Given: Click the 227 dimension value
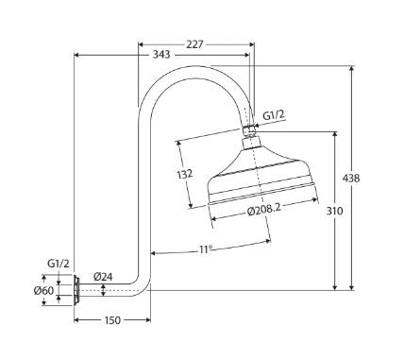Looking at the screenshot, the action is tap(194, 44).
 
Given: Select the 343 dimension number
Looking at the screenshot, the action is tap(161, 55).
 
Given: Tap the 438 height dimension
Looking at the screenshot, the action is tap(350, 179).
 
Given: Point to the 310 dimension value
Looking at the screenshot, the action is tap(334, 211).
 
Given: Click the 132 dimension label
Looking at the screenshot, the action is tap(184, 174).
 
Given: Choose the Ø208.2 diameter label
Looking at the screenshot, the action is tap(263, 211).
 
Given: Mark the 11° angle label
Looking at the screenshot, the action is tap(204, 249).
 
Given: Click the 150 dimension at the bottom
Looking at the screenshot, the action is tap(112, 320).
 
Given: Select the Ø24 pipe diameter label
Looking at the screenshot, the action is tap(103, 277).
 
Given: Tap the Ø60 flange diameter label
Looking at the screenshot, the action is tap(43, 290).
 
